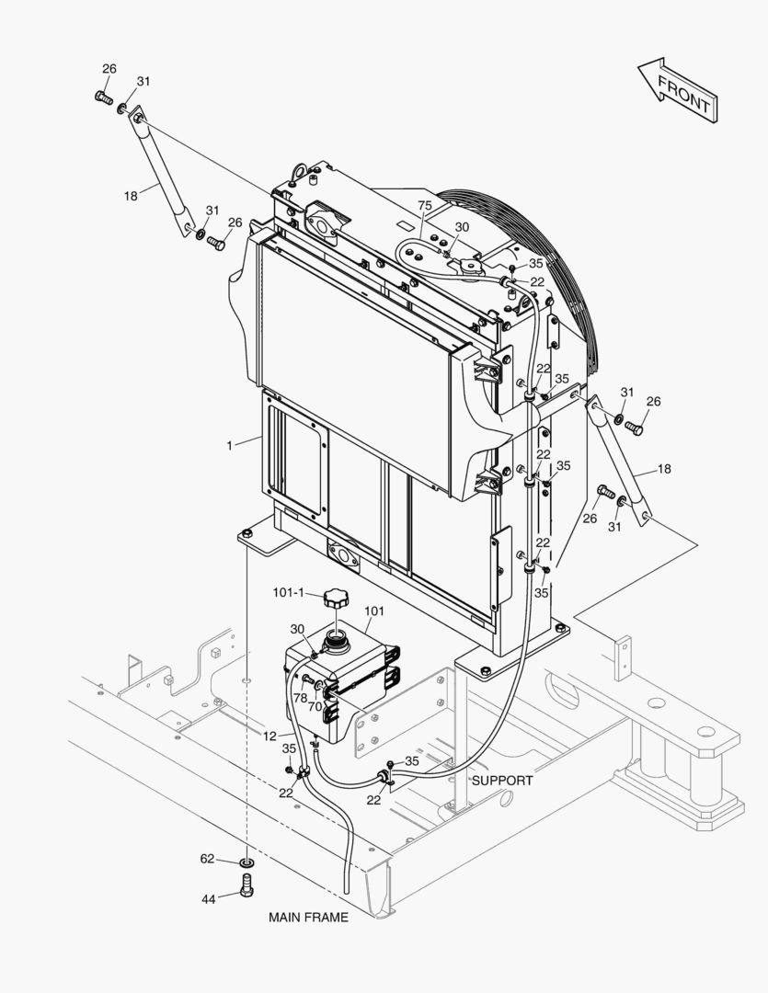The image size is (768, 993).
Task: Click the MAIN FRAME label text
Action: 308,917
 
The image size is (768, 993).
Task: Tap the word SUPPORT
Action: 502,780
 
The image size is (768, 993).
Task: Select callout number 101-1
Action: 288,592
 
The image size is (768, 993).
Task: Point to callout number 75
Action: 425,205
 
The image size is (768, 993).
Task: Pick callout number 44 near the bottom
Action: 209,898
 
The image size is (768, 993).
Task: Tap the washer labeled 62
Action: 246,863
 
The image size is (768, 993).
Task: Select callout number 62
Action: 208,859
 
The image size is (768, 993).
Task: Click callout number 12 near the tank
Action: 269,735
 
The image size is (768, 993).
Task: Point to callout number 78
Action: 300,698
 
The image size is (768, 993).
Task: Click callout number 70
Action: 315,706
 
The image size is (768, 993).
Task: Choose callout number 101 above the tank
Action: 375,611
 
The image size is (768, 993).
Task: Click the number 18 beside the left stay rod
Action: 131,195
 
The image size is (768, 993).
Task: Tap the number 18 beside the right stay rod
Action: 664,469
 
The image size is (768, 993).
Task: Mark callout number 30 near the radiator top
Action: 462,226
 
